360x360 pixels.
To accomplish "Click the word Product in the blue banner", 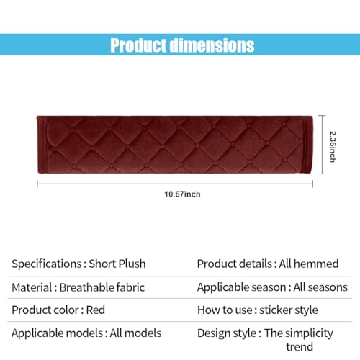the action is pyautogui.click(x=138, y=45).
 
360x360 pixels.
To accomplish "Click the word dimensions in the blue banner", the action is pyautogui.click(x=212, y=45).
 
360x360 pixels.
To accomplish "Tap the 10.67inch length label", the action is pyautogui.click(x=182, y=194).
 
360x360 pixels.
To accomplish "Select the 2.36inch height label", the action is pyautogui.click(x=333, y=147).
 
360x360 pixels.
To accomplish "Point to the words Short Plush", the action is pyautogui.click(x=117, y=264).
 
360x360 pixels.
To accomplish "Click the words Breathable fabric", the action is pyautogui.click(x=102, y=287).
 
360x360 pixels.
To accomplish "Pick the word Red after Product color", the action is pyautogui.click(x=96, y=310).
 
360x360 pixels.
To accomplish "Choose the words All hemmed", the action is pyautogui.click(x=309, y=264).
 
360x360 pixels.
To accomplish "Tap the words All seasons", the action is pyautogui.click(x=320, y=287).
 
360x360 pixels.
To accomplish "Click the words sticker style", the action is pyautogui.click(x=289, y=310).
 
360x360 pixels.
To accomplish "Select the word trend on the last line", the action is pyautogui.click(x=300, y=347).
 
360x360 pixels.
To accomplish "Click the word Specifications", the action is pyautogui.click(x=47, y=264).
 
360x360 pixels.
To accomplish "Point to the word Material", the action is pyautogui.click(x=32, y=287).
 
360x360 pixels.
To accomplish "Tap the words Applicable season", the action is pyautogui.click(x=241, y=287).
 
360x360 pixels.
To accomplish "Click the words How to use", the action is pyautogui.click(x=225, y=310).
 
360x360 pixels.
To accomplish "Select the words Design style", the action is pyautogui.click(x=227, y=333).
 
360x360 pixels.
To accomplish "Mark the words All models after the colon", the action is pyautogui.click(x=135, y=333).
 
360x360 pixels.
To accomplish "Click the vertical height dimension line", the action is pyautogui.click(x=322, y=145).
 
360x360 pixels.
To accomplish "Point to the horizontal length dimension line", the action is pyautogui.click(x=175, y=184).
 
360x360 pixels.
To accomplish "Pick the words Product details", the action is pyautogui.click(x=234, y=264).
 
